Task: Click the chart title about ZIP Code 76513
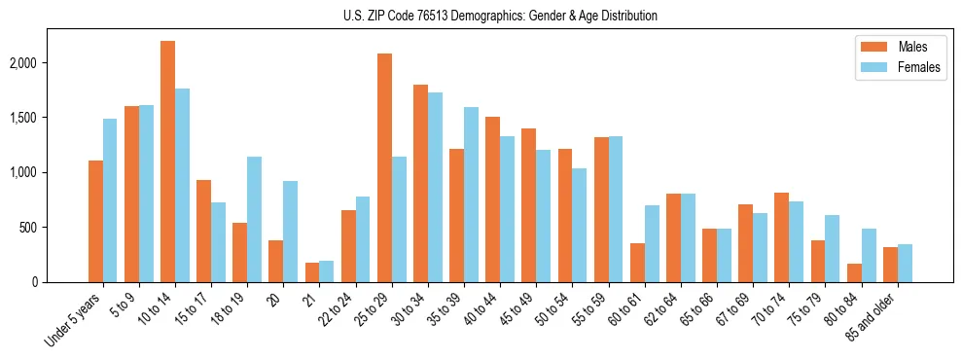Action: pos(500,16)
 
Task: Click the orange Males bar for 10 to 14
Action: pos(167,162)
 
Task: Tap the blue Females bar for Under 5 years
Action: pos(110,200)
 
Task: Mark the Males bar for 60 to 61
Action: pos(637,263)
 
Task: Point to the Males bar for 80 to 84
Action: pos(854,272)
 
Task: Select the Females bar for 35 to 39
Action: pos(471,195)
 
